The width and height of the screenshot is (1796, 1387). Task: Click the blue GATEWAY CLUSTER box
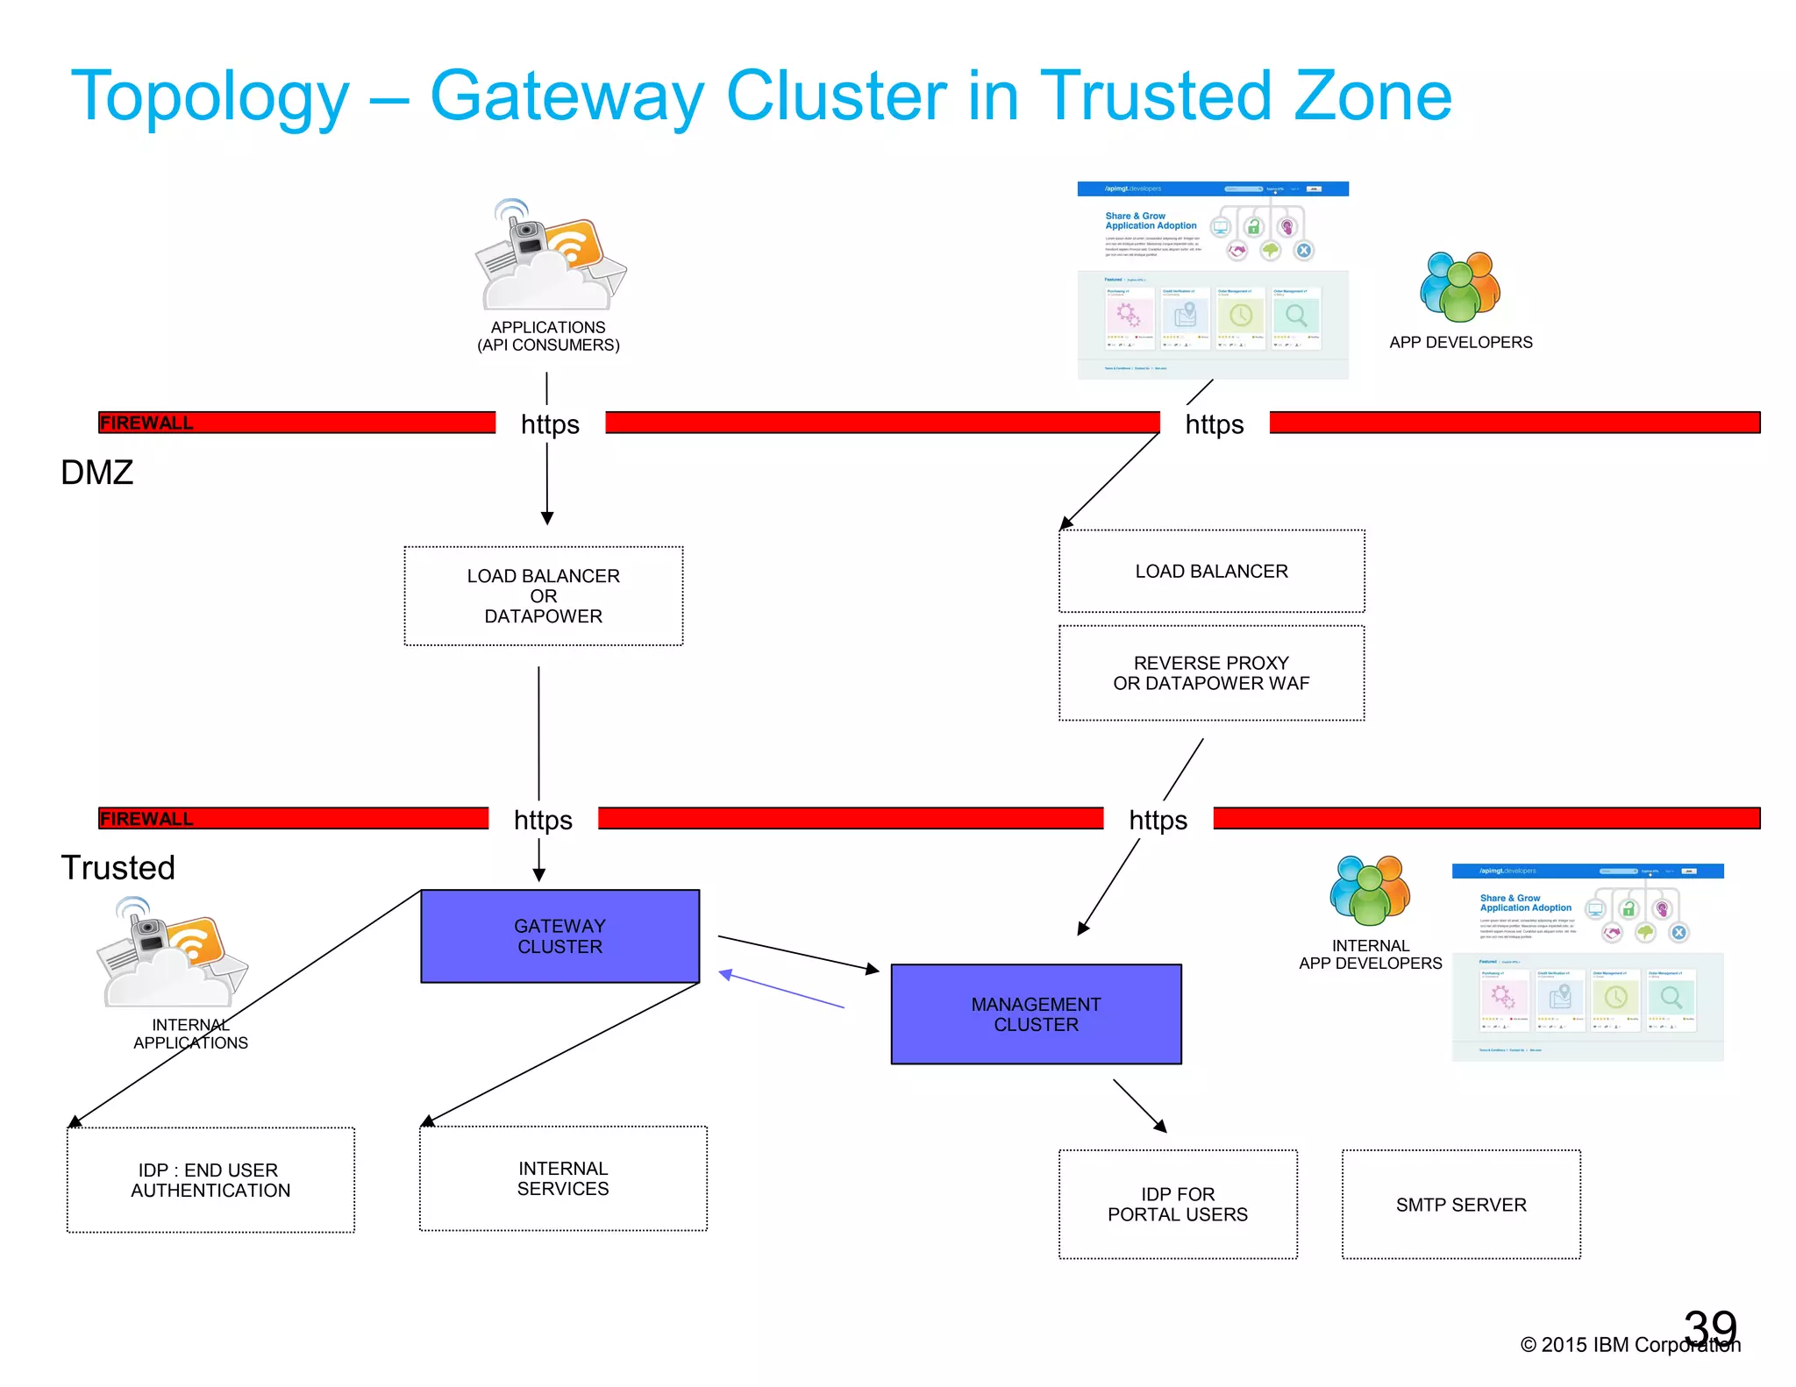point(559,935)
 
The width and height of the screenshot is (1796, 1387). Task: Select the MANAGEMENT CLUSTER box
point(1036,1014)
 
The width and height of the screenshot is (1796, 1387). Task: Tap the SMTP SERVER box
point(1460,1204)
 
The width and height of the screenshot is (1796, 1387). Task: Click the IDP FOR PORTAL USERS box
point(1177,1204)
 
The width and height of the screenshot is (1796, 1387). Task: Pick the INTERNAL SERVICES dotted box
point(562,1177)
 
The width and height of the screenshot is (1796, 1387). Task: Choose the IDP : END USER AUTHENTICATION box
point(210,1179)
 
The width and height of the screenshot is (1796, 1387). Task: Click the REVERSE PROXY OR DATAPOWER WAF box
point(1211,672)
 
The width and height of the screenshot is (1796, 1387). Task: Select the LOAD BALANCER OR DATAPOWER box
point(543,595)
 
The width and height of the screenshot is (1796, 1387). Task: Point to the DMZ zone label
point(96,473)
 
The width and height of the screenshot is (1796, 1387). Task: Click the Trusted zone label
point(118,867)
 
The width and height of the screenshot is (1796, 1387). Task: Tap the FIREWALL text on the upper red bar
point(146,423)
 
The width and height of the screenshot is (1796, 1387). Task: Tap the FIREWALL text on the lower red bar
point(146,818)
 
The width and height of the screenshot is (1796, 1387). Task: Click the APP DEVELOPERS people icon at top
point(1459,287)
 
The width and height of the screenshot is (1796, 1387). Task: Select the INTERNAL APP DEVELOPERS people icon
point(1369,891)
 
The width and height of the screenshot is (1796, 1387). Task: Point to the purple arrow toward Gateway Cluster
point(780,989)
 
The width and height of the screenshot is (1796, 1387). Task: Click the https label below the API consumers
point(550,423)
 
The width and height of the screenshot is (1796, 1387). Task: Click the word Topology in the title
point(210,96)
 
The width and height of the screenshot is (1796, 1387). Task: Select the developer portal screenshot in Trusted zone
point(1587,962)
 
